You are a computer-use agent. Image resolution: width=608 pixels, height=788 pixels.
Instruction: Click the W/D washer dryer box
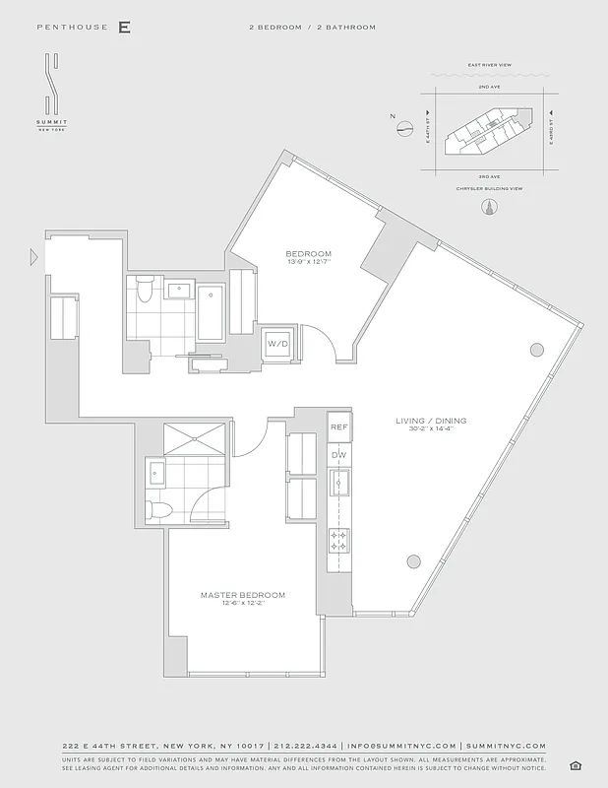point(277,345)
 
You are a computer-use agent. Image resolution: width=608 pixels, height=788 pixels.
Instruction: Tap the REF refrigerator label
point(339,427)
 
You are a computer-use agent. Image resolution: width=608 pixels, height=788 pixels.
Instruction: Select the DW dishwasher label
point(339,454)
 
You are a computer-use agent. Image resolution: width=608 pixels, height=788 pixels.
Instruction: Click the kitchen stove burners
point(339,541)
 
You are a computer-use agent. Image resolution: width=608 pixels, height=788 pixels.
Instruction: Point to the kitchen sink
point(339,483)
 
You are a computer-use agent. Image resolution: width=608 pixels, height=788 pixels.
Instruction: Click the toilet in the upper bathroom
point(145,291)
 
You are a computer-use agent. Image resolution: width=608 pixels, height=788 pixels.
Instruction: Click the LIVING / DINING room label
point(431,422)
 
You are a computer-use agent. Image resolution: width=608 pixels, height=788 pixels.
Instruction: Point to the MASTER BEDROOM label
point(243,595)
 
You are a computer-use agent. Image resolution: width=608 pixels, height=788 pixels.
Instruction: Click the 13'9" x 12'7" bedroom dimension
point(309,262)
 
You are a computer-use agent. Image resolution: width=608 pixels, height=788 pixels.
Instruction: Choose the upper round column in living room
point(537,349)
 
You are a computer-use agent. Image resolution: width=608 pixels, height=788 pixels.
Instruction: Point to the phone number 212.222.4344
point(307,747)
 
